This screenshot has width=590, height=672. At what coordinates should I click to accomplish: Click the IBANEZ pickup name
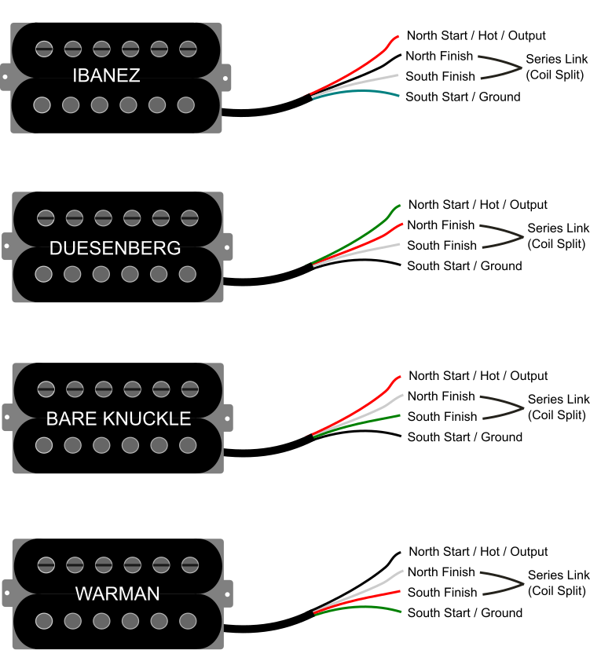116,76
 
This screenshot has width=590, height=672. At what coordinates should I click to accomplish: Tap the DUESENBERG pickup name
115,248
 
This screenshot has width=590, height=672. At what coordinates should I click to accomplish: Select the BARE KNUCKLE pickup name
119,418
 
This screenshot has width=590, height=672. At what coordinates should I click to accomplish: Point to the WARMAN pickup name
117,593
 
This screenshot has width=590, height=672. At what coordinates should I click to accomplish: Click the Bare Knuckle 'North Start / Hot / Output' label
478,376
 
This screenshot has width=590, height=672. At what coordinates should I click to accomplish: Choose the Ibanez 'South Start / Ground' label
463,97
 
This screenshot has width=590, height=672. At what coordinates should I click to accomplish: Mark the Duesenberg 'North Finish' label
441,225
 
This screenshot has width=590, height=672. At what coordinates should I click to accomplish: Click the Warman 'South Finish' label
442,593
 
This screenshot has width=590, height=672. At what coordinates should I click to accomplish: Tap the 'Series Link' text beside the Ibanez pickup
556,59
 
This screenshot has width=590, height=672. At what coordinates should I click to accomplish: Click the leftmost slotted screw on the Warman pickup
46,564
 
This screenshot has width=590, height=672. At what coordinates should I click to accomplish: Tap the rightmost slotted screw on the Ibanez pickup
188,49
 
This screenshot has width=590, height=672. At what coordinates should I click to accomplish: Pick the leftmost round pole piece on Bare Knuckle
44,445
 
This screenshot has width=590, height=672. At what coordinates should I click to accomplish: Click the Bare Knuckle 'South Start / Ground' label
464,436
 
